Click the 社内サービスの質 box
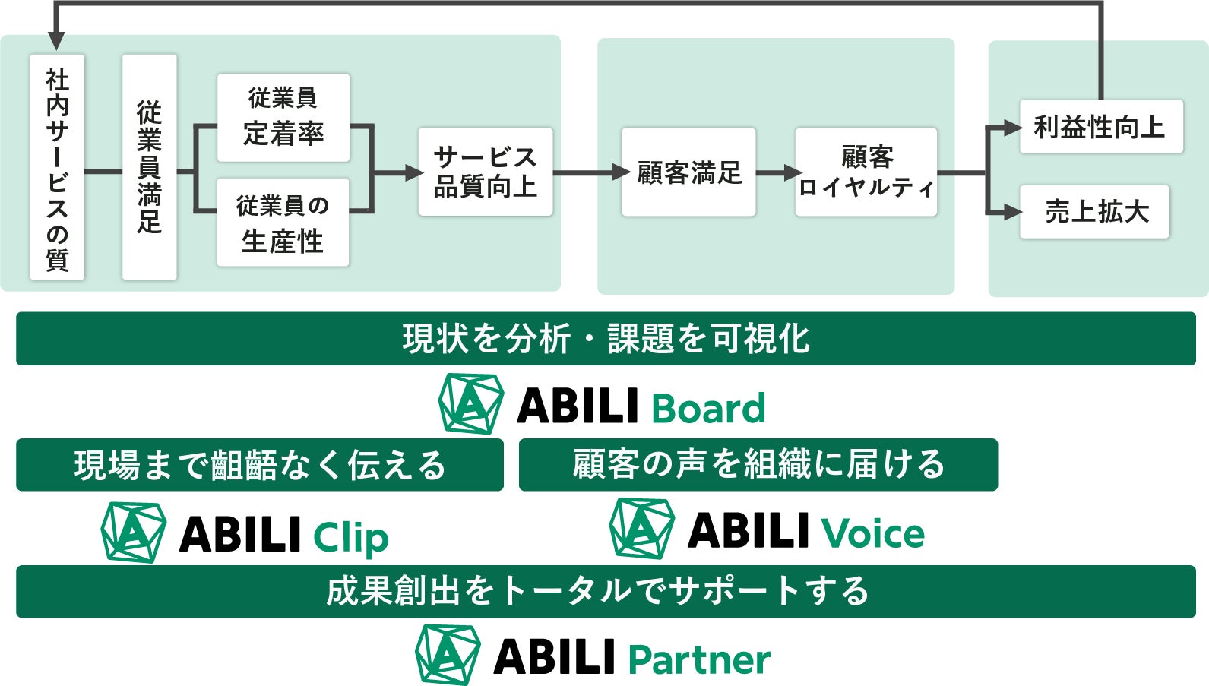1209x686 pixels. click(57, 167)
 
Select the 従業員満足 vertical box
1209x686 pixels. click(149, 167)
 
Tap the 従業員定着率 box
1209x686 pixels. click(283, 117)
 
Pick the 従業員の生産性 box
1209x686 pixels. click(283, 223)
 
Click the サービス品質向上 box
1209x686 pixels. click(485, 172)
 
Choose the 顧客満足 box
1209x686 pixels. click(688, 172)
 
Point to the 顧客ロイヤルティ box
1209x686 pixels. click(866, 172)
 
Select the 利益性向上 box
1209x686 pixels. click(1100, 127)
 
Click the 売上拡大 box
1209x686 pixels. click(1094, 212)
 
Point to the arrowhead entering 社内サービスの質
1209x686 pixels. click(56, 42)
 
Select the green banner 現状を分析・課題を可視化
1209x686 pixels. click(606, 339)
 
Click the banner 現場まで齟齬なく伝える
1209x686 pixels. click(259, 465)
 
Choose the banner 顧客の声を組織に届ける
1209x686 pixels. click(758, 464)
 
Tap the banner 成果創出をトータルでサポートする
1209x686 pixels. click(606, 591)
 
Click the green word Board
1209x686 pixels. click(708, 409)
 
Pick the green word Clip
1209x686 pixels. click(350, 537)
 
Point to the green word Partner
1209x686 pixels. click(699, 659)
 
